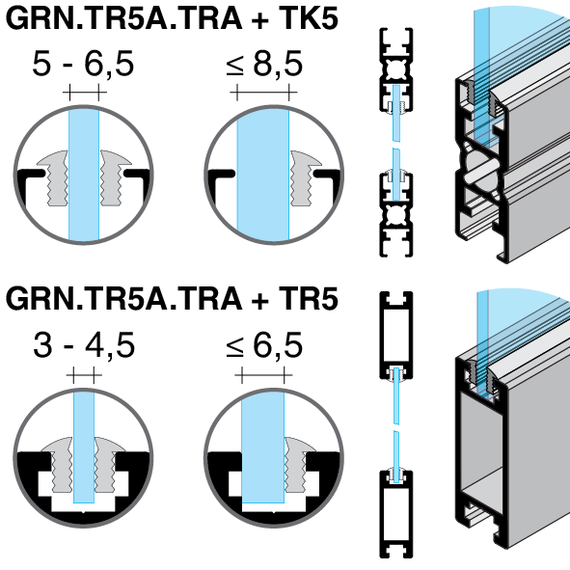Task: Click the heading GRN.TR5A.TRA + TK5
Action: pos(172,19)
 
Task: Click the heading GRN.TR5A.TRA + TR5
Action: pos(172,299)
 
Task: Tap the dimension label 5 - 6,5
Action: pos(83,64)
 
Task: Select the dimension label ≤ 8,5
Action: pos(264,64)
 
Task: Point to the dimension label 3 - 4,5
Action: pos(84,344)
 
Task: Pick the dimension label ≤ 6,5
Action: pos(264,344)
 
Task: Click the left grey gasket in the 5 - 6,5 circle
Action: pos(53,177)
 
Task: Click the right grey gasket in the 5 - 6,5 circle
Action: pos(115,177)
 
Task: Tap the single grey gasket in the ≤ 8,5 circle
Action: pos(306,177)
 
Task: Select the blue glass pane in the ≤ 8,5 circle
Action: pos(263,175)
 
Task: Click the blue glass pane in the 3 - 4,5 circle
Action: pos(84,447)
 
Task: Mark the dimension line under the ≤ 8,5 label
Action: pos(263,92)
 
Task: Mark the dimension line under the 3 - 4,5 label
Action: pos(84,375)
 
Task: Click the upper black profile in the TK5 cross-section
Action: pos(396,69)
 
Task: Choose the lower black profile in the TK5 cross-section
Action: pos(396,215)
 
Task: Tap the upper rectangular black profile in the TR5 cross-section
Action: pos(396,336)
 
